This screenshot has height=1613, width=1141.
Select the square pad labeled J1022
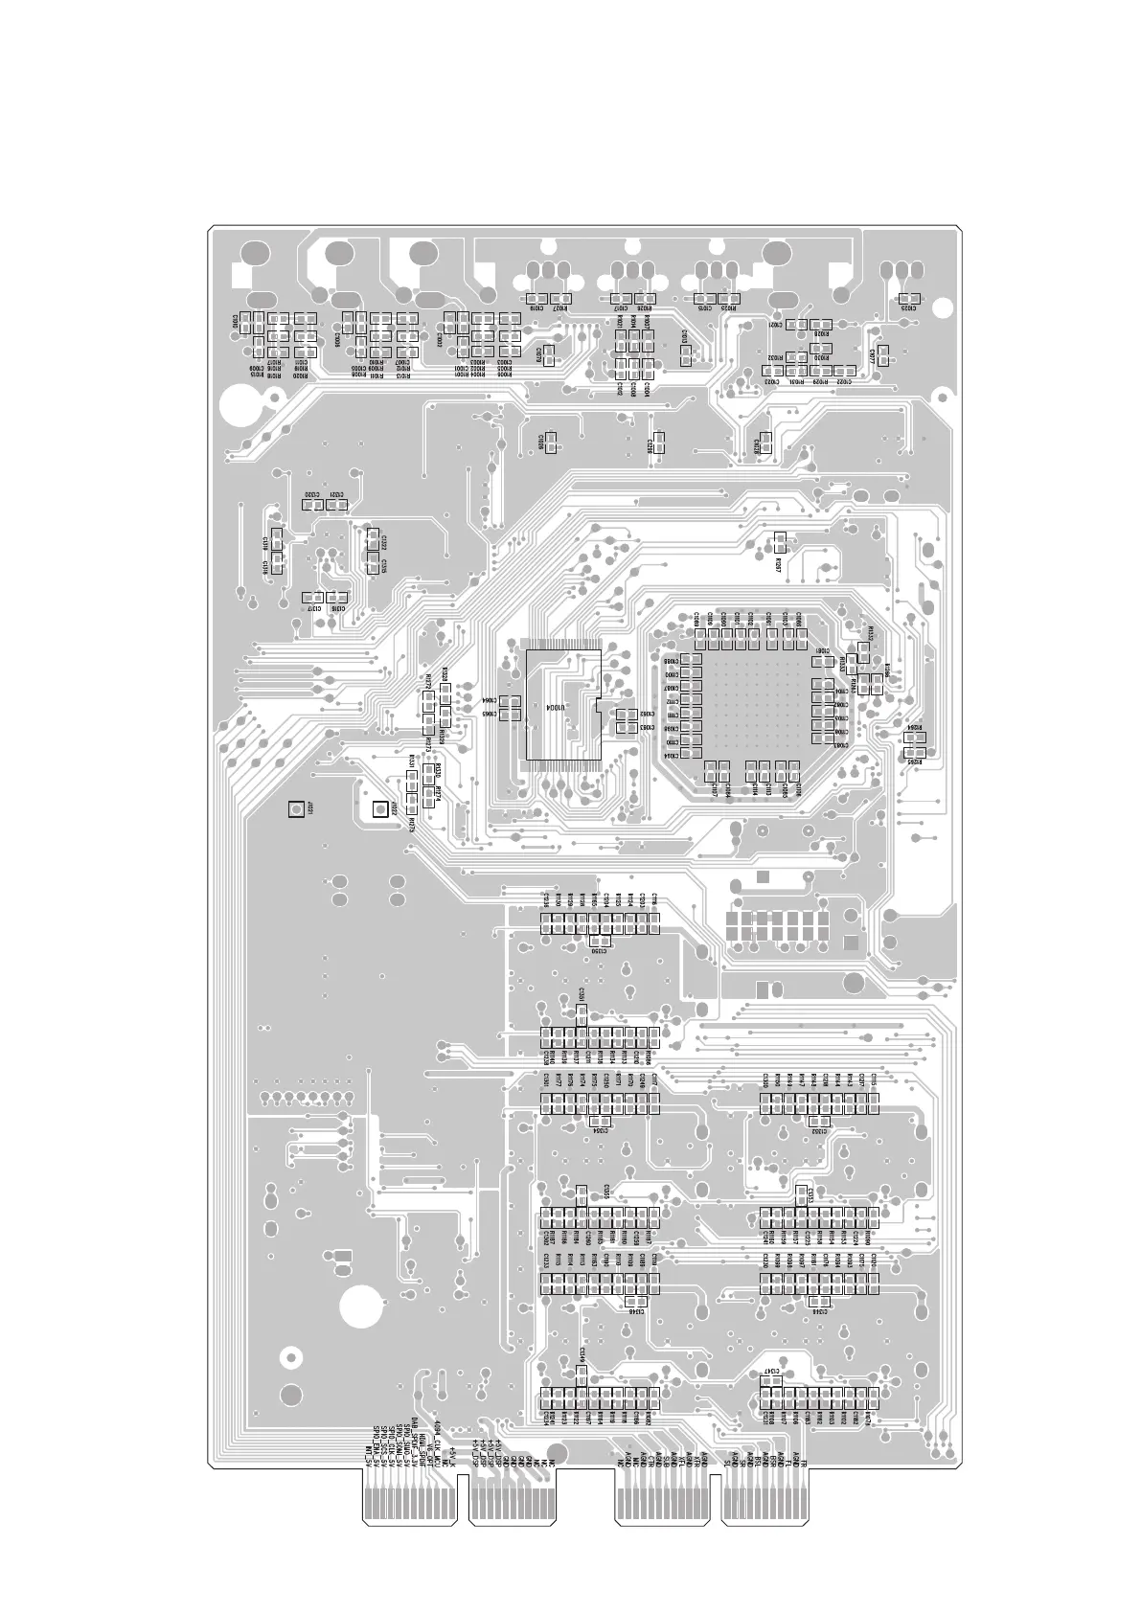(x=379, y=810)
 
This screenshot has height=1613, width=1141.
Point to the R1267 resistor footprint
(x=779, y=543)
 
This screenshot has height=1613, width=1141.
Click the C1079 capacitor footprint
(x=549, y=356)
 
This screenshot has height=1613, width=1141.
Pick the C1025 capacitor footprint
(x=906, y=299)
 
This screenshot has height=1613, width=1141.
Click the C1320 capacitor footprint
(x=310, y=504)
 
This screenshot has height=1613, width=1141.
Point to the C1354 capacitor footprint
(x=601, y=1121)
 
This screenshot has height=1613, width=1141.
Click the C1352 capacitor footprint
(x=818, y=1121)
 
